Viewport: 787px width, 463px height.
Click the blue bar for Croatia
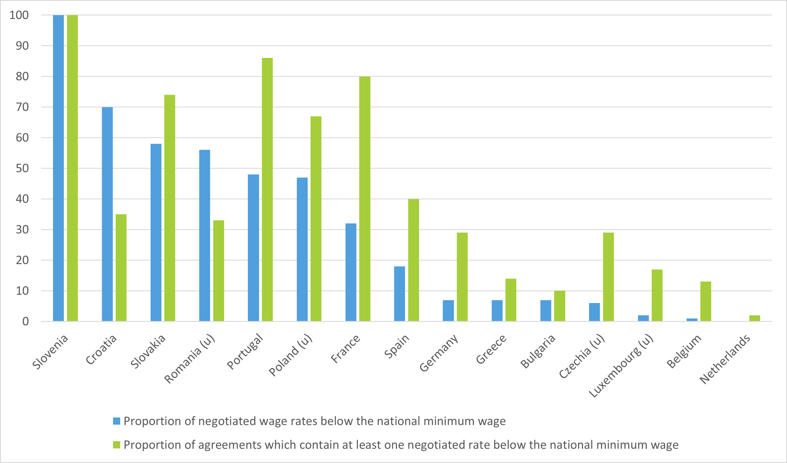point(107,214)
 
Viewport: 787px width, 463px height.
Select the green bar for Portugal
point(267,189)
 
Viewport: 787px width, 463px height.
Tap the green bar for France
point(365,199)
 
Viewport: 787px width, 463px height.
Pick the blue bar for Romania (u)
point(205,235)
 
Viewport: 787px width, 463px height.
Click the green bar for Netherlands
point(755,318)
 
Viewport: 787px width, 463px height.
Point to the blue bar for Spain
point(400,294)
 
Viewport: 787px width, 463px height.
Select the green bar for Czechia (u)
point(608,277)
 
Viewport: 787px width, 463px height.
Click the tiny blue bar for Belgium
point(692,320)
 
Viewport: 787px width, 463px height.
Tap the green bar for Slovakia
point(170,208)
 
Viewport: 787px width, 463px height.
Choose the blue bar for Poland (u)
point(302,249)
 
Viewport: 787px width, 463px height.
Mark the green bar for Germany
point(462,277)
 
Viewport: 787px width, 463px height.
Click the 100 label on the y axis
point(19,15)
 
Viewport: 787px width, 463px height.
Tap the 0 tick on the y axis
point(25,322)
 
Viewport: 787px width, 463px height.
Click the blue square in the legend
point(116,421)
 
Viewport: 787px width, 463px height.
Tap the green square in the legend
point(116,445)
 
